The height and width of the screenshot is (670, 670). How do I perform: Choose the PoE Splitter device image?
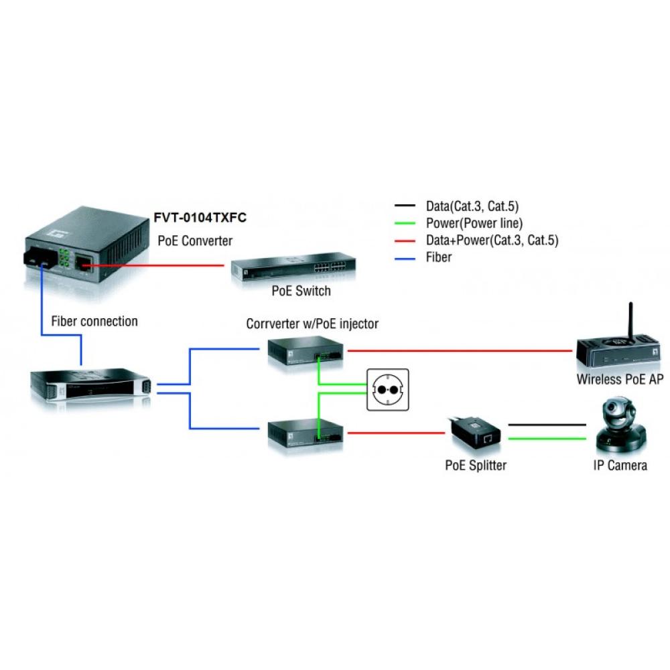[476, 433]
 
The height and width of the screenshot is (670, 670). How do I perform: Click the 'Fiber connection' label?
[94, 322]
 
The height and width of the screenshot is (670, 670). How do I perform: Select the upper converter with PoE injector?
[306, 352]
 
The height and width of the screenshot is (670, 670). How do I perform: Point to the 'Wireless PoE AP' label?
[620, 380]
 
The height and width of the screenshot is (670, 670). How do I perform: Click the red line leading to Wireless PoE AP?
[462, 350]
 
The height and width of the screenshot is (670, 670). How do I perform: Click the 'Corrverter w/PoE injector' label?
[312, 324]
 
